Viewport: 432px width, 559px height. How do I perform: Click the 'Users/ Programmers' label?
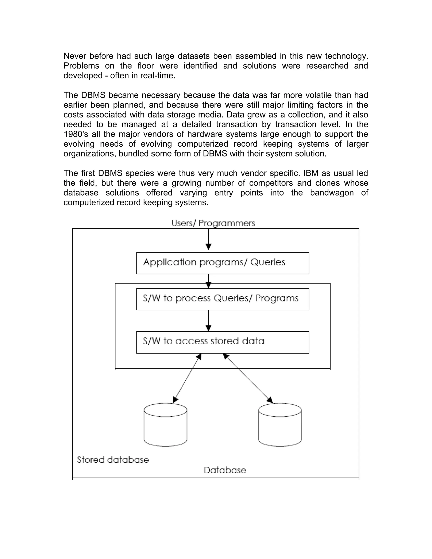[213, 223]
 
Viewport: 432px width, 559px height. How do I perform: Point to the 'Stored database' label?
[113, 460]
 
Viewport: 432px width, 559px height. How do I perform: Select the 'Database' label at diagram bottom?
[225, 470]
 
